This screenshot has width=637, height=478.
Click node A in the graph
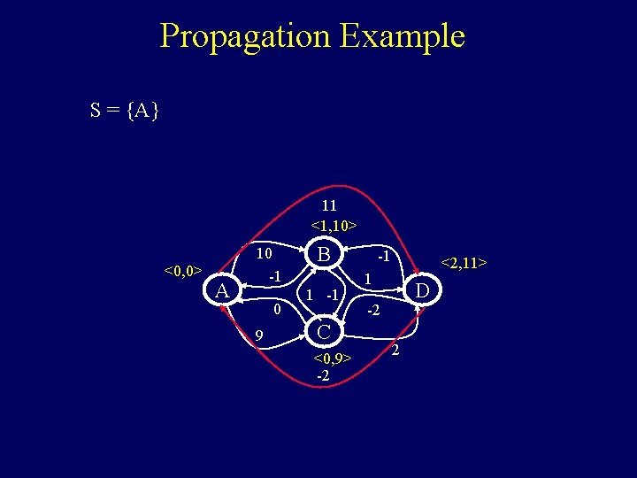coord(224,291)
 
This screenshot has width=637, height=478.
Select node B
coord(325,256)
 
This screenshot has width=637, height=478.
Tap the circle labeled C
coord(325,331)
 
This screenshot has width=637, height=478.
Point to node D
coord(424,291)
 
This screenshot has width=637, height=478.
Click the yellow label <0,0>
coord(183,270)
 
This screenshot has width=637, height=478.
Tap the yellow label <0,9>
coord(333,358)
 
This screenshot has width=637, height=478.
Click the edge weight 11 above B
coord(328,205)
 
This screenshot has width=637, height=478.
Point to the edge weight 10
coord(263,253)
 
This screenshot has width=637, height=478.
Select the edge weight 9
coord(258,335)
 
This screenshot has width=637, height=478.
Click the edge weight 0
coord(276,310)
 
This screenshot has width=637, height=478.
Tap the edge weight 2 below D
coord(395,352)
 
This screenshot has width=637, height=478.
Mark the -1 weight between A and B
coord(274,276)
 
